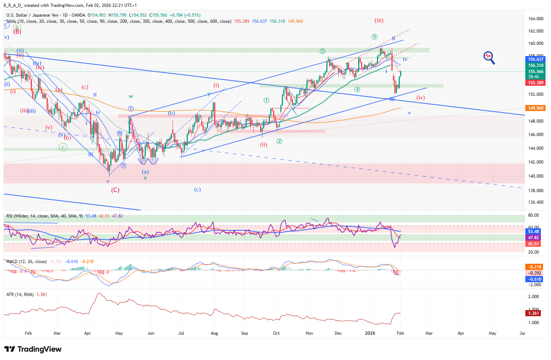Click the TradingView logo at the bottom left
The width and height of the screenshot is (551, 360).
tap(33, 349)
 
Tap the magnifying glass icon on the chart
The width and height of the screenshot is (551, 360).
tap(489, 58)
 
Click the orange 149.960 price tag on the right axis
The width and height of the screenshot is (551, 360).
tap(535, 108)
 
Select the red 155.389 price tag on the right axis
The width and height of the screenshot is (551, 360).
tap(535, 83)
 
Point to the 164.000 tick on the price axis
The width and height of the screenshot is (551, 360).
tap(535, 19)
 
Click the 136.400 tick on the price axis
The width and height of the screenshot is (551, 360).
tap(535, 202)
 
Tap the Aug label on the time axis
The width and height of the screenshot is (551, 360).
tap(214, 333)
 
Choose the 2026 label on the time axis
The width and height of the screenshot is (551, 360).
tap(370, 333)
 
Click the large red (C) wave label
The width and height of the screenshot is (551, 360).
tap(115, 190)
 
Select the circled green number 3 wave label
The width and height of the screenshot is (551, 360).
tap(322, 51)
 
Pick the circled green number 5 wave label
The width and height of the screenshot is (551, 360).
tap(374, 37)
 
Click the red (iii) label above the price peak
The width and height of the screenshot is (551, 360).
tap(379, 21)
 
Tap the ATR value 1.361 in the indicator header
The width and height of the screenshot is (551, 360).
tap(42, 295)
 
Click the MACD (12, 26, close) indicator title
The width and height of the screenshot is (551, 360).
tap(26, 262)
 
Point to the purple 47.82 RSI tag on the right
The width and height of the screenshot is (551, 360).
tap(533, 238)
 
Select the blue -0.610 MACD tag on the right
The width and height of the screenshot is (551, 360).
tap(533, 279)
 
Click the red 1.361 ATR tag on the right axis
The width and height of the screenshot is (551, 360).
tap(533, 313)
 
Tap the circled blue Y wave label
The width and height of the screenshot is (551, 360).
tap(131, 109)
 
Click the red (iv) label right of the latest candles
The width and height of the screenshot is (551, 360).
tap(420, 98)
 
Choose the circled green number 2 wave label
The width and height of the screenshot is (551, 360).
tap(279, 141)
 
